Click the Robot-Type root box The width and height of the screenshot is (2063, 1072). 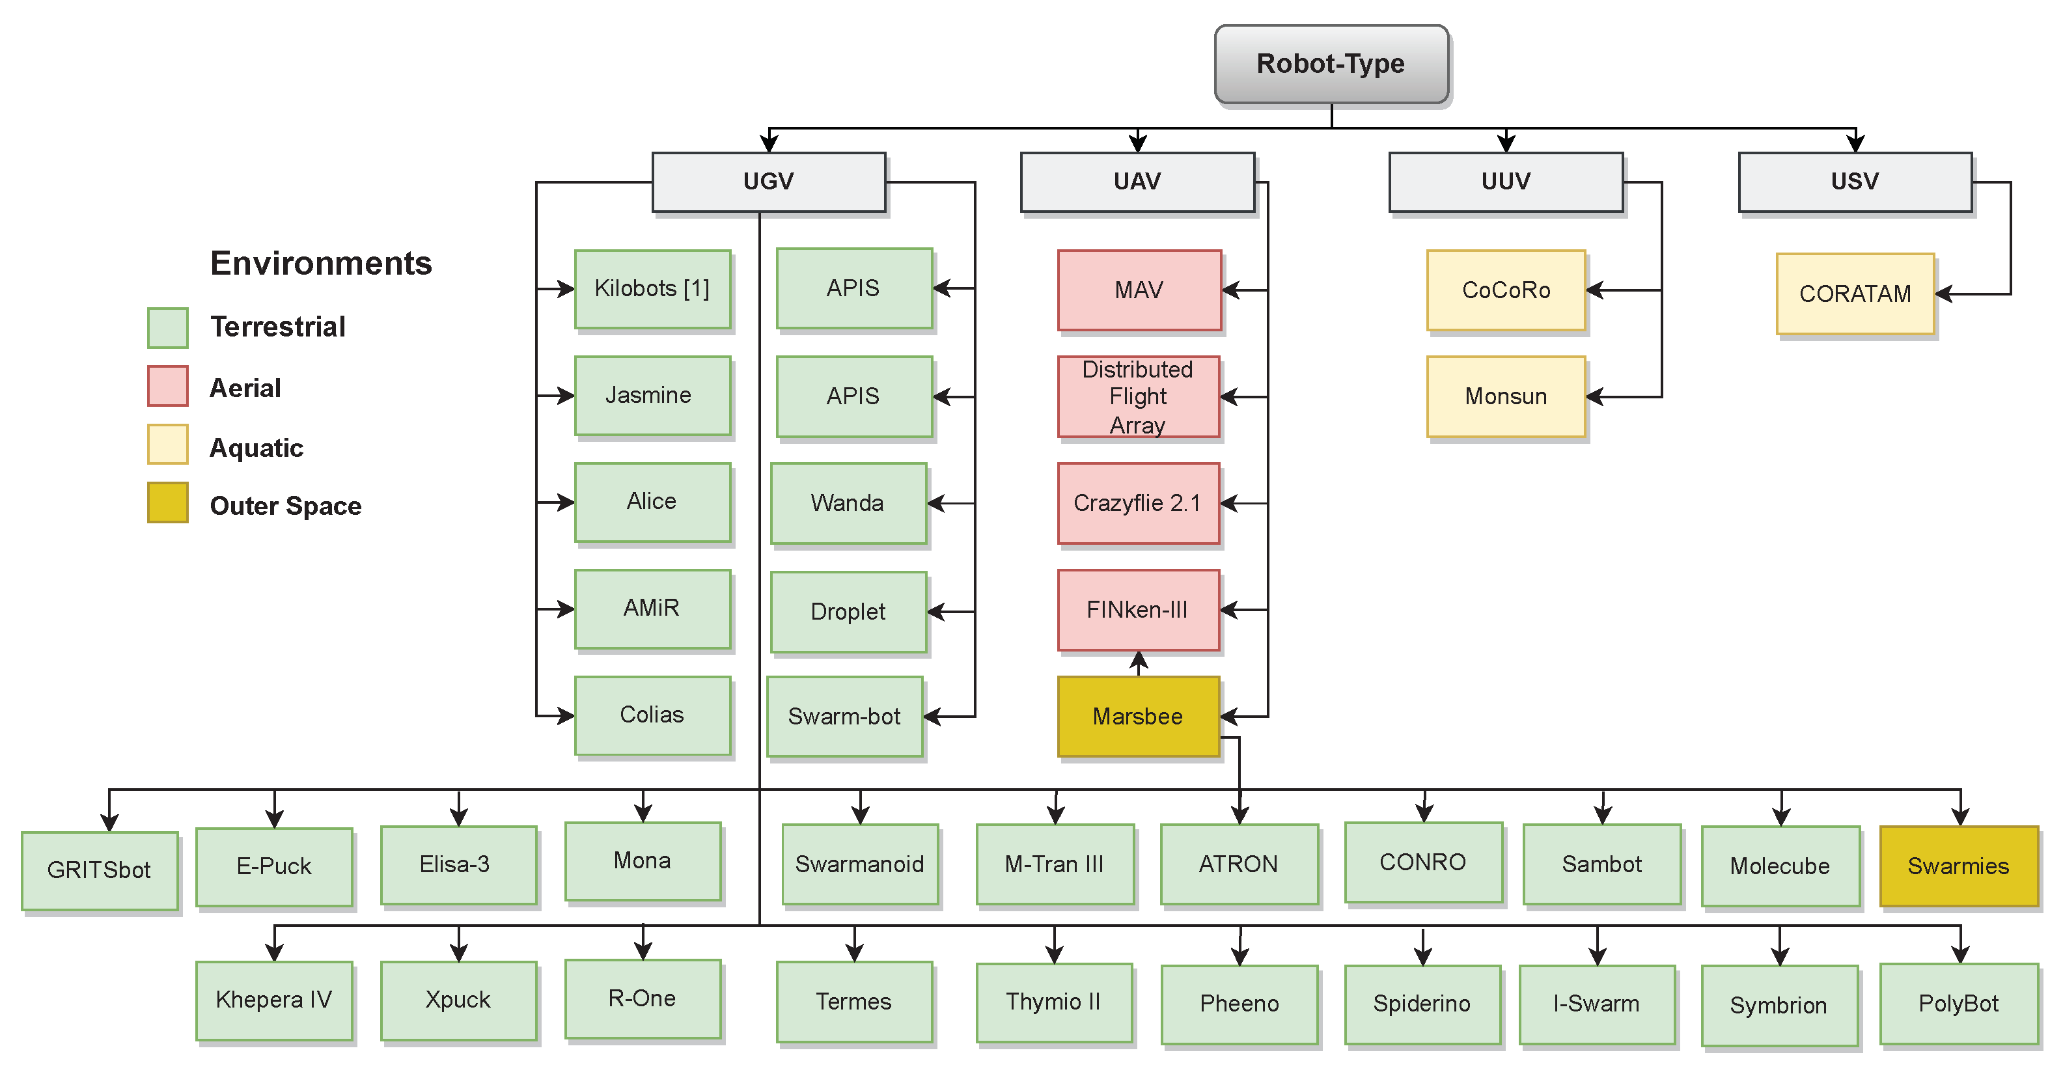pos(1331,64)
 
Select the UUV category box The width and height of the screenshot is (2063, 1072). pos(1506,182)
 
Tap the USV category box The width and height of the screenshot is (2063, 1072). pos(1855,182)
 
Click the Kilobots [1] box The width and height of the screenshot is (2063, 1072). pos(652,289)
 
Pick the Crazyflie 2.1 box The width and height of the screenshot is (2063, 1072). pos(1138,502)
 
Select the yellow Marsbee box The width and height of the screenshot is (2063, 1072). pos(1138,717)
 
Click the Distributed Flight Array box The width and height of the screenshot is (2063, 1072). pos(1138,397)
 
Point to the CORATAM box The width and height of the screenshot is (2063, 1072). pos(1855,294)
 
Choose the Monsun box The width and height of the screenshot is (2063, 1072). pos(1506,397)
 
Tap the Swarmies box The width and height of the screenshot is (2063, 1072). pos(1958,866)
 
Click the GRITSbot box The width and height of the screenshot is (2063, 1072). pos(100,870)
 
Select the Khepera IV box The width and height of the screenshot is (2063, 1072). pos(274,1000)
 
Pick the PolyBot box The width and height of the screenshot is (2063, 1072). pos(1958,1004)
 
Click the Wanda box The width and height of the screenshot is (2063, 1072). pos(848,502)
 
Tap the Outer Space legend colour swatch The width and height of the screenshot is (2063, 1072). pos(167,502)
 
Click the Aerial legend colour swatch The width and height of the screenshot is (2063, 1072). pos(167,386)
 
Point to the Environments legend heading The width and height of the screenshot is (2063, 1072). pos(320,264)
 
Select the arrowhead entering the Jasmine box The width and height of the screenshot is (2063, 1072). pos(566,396)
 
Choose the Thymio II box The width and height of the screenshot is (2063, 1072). pos(1054,1002)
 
